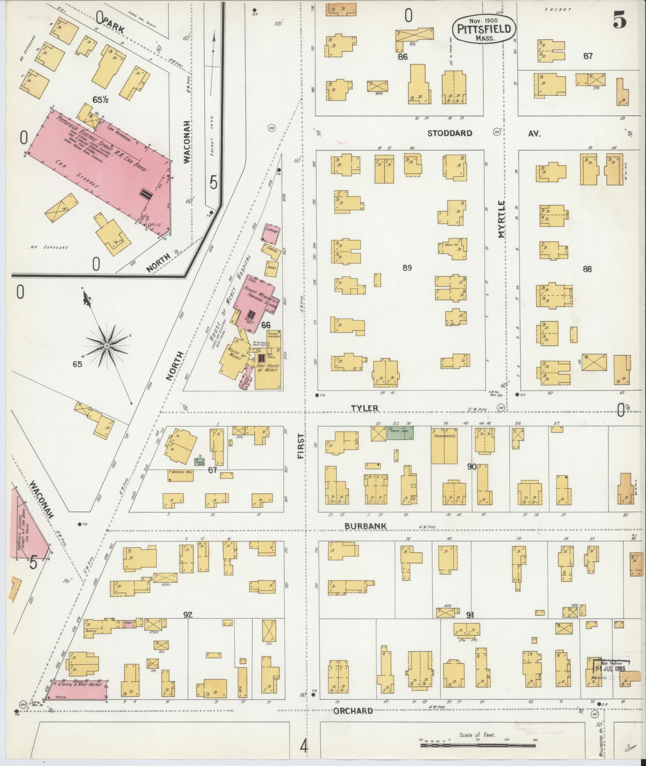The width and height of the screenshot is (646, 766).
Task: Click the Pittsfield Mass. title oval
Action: tap(485, 29)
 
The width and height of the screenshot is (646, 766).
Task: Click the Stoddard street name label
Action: tap(449, 133)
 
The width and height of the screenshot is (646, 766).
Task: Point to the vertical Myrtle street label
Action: tap(503, 219)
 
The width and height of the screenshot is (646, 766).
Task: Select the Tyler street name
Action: tap(364, 408)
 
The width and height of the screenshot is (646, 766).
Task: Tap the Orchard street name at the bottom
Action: tap(353, 711)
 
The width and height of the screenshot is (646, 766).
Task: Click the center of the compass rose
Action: tap(107, 345)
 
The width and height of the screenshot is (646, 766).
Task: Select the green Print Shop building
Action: tap(400, 433)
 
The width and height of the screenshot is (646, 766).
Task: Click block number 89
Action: tap(407, 268)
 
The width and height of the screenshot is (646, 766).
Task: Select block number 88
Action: tap(587, 269)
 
